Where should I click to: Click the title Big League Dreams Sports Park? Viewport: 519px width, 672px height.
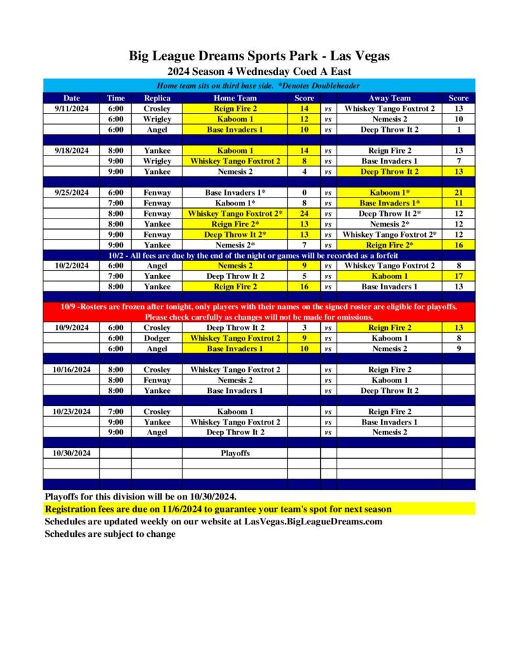click(x=259, y=56)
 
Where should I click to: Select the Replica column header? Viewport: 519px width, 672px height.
click(x=157, y=98)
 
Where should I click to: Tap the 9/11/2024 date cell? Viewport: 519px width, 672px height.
click(x=72, y=108)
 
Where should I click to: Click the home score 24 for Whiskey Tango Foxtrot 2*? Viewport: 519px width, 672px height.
click(x=304, y=213)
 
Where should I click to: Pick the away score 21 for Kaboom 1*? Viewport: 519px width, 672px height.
click(x=458, y=192)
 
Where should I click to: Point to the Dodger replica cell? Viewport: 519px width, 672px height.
click(x=157, y=338)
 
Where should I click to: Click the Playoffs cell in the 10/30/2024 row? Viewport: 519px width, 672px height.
click(x=235, y=453)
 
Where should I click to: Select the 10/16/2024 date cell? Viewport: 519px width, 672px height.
click(x=72, y=369)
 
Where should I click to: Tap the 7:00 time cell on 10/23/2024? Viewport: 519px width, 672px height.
click(x=115, y=411)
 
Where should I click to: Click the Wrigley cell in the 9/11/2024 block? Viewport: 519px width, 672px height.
click(x=157, y=119)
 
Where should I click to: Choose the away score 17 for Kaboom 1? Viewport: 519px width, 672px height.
click(x=458, y=276)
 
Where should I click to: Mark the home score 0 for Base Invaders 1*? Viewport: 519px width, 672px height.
click(x=304, y=192)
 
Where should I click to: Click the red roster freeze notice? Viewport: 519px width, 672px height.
click(x=259, y=312)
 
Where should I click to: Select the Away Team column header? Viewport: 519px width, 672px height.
click(x=390, y=98)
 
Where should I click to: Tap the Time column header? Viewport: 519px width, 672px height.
click(x=115, y=98)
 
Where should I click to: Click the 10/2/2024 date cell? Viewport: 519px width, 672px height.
click(x=72, y=266)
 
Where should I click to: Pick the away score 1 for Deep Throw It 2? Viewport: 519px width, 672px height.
click(x=458, y=129)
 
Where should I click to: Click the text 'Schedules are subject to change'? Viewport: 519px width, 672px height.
click(x=110, y=534)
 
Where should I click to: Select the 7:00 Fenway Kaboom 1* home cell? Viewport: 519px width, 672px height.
click(x=235, y=203)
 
